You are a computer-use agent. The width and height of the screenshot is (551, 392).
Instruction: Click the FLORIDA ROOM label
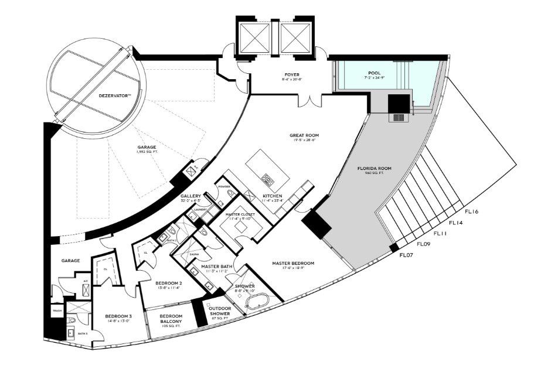click(x=374, y=168)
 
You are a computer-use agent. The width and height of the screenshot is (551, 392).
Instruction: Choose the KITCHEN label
click(x=273, y=195)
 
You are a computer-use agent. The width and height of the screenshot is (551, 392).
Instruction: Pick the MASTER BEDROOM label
click(x=293, y=263)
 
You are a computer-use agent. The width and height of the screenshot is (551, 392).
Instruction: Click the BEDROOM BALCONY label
click(x=171, y=319)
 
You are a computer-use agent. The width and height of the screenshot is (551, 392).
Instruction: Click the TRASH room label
click(x=57, y=311)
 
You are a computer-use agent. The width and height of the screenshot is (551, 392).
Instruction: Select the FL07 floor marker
click(x=407, y=255)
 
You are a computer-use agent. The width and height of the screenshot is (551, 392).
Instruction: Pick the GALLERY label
click(x=191, y=196)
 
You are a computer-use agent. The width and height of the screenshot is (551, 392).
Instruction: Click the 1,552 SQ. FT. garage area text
click(x=146, y=152)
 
